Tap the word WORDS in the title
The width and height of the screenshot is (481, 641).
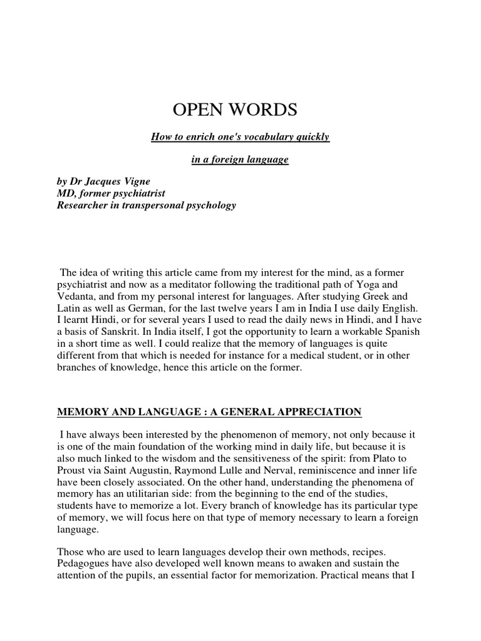click(x=264, y=110)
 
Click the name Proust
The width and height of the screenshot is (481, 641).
click(x=72, y=469)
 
